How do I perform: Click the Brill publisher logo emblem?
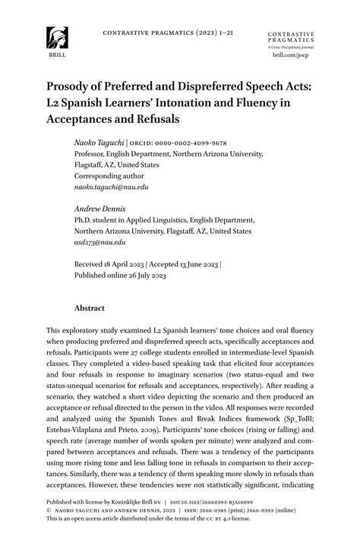click(55, 37)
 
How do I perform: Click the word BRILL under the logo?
click(55, 55)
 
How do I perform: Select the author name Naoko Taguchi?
click(100, 142)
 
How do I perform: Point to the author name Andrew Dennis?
click(100, 208)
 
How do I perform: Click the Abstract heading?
click(89, 309)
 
